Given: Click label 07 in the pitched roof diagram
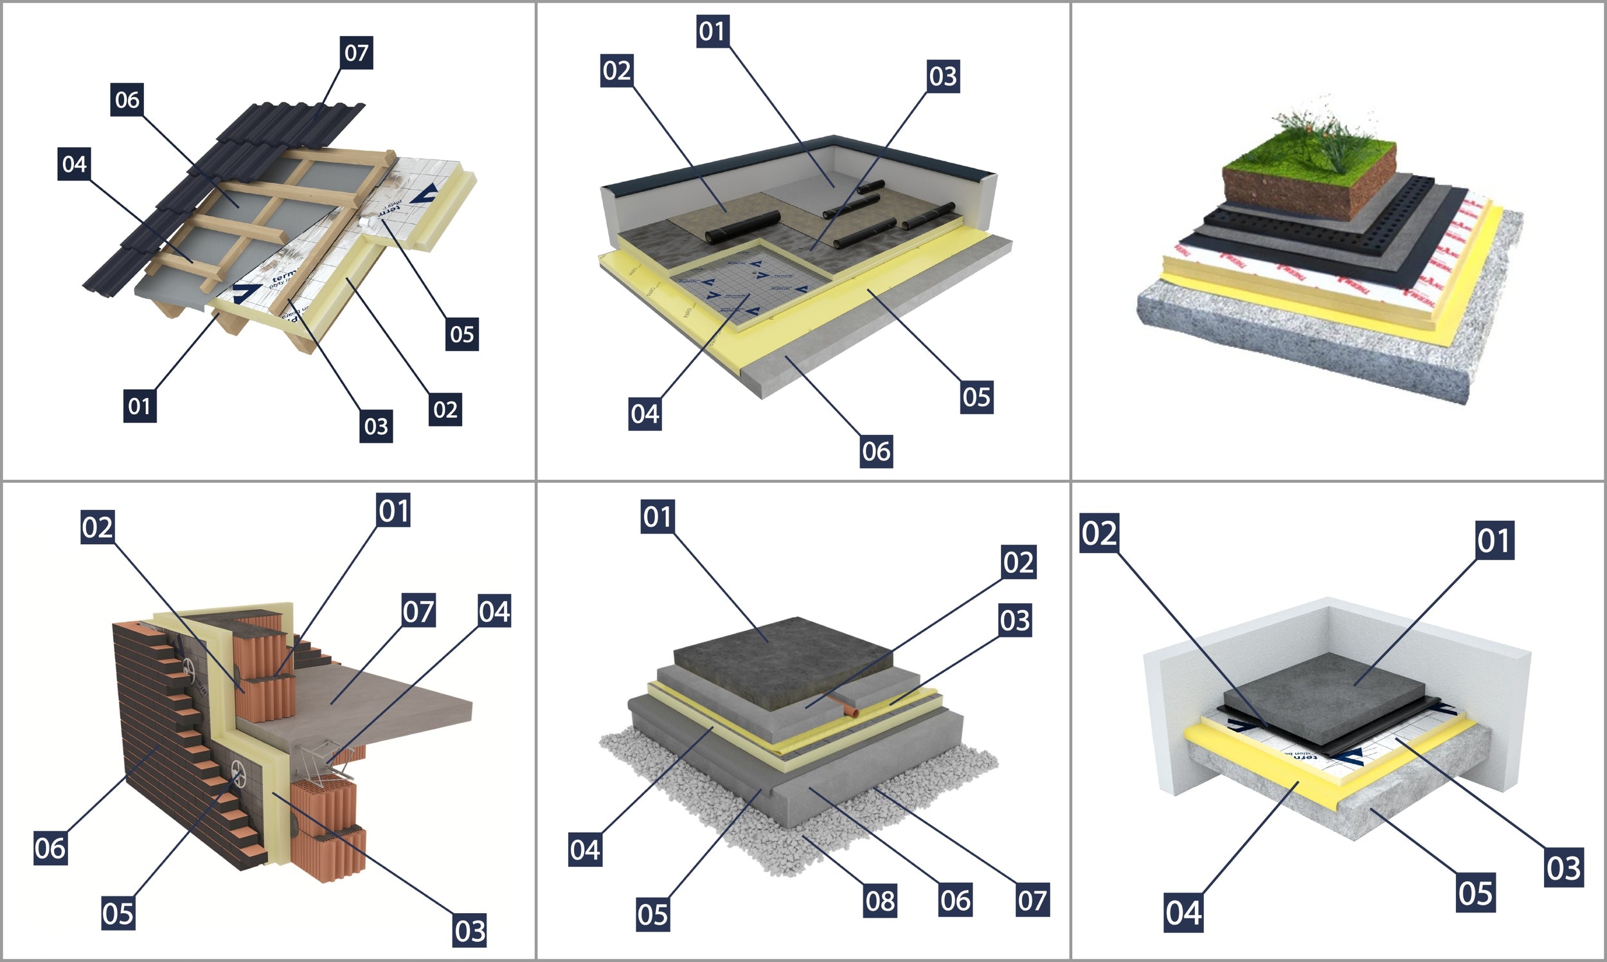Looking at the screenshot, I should (356, 53).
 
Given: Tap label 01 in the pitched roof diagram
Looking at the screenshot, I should (139, 406).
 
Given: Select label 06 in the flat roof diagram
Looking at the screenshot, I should (876, 451).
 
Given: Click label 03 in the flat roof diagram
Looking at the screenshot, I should (943, 77).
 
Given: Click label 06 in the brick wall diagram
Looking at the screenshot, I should (50, 848).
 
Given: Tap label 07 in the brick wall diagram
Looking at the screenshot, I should (418, 611).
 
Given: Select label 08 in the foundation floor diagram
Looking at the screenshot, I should (880, 900).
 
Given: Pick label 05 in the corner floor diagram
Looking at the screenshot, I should (1475, 893).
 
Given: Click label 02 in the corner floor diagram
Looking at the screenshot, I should (1099, 534).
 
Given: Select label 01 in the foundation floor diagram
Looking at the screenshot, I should (658, 516).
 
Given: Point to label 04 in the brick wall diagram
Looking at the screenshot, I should (494, 611).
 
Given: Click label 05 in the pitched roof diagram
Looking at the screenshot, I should (462, 334).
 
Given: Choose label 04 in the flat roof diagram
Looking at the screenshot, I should (645, 413).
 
